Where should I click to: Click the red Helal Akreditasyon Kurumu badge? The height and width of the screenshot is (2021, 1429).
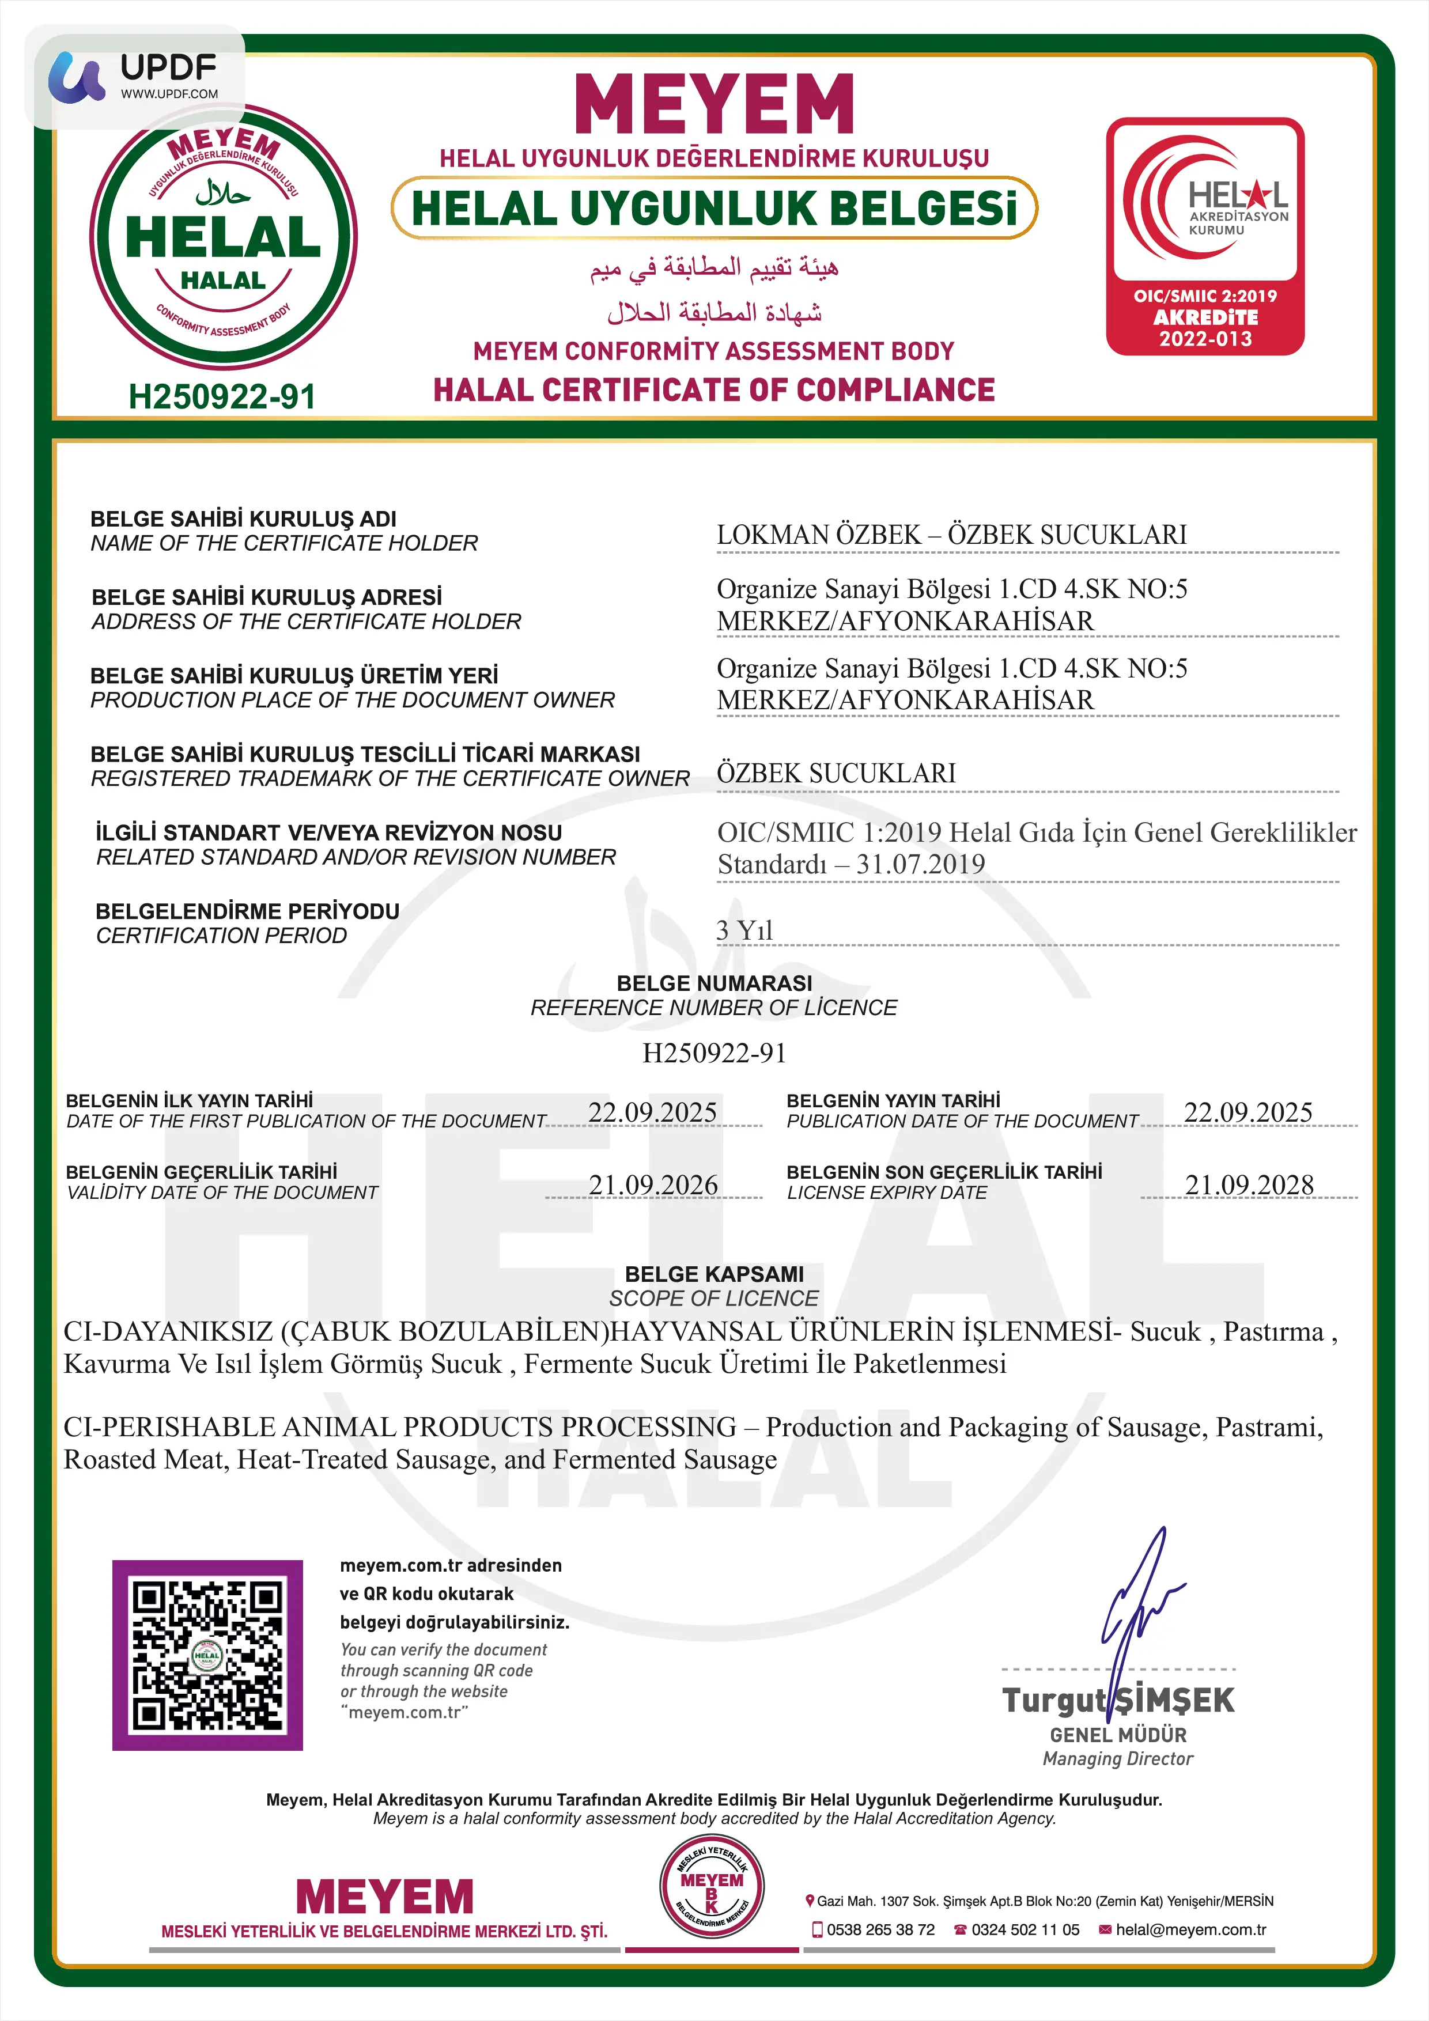click(x=1204, y=236)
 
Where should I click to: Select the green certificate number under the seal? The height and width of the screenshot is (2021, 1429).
click(x=222, y=397)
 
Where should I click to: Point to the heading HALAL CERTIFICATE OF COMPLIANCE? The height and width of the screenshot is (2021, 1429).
click(x=714, y=390)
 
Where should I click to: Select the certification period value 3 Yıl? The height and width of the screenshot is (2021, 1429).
click(x=744, y=929)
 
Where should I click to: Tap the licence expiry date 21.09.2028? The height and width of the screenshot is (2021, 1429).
click(x=1249, y=1185)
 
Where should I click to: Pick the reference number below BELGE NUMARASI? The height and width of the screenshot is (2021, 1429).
click(x=714, y=1053)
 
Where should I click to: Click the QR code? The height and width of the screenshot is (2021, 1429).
click(x=208, y=1655)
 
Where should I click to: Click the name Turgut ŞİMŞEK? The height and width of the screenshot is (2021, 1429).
click(x=1118, y=1700)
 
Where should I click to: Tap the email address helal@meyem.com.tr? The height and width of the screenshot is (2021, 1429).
click(x=1190, y=1929)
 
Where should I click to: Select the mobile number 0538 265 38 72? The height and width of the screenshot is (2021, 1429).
click(x=880, y=1929)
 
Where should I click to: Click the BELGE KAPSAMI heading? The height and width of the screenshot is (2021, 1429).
click(x=714, y=1274)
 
